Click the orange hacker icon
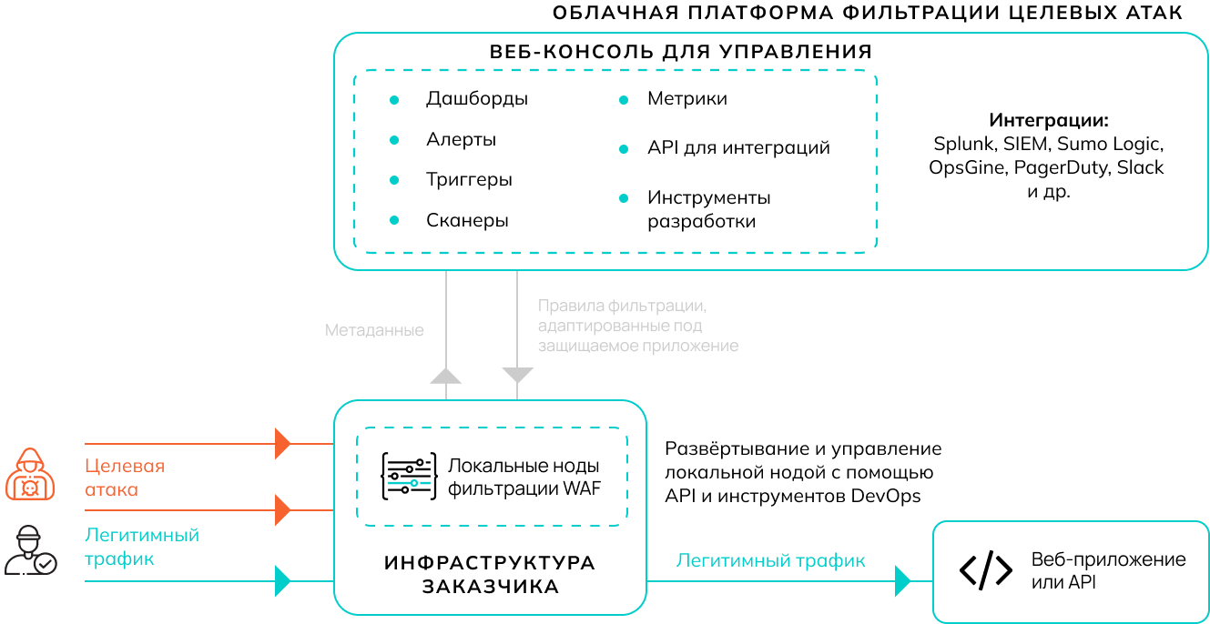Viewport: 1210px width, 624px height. click(30, 474)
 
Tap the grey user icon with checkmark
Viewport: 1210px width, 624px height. click(30, 550)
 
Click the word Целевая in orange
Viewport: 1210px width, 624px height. click(125, 466)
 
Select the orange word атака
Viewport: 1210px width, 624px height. click(111, 489)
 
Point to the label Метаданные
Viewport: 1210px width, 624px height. click(374, 330)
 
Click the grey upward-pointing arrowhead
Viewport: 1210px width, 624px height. click(446, 375)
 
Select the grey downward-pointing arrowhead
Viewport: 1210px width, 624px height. click(517, 375)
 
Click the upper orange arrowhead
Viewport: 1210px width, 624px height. click(283, 444)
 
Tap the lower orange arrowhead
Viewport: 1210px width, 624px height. click(283, 510)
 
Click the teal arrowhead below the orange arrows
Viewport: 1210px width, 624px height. click(283, 580)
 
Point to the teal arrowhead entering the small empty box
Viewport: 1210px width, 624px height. click(903, 580)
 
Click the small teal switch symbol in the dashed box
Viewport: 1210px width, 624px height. click(409, 483)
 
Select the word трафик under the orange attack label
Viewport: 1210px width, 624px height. click(119, 559)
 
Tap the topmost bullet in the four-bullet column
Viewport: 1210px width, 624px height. click(394, 100)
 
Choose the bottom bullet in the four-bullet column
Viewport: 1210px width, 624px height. click(394, 220)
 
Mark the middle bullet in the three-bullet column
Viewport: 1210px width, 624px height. click(624, 149)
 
